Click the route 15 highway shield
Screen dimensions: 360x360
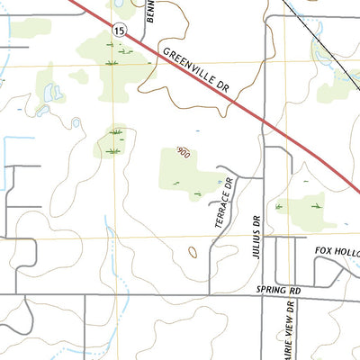(x=119, y=31)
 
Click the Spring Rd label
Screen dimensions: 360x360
(x=276, y=290)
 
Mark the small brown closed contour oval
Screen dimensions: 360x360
(x=190, y=252)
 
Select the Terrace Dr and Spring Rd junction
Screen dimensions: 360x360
(x=209, y=295)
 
